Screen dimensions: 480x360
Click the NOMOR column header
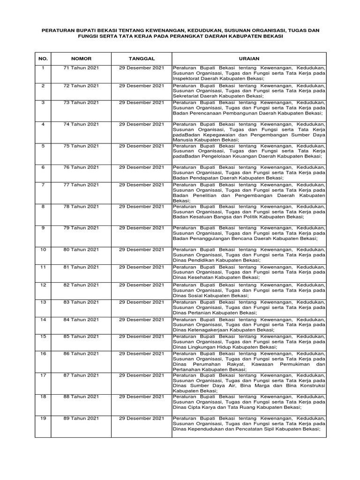[81, 59]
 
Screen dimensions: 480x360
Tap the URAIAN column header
[248, 59]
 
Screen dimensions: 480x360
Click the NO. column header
[43, 59]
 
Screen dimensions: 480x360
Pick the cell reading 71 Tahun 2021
[81, 68]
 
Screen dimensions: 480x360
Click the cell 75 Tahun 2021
[81, 146]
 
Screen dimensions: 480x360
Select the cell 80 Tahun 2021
[81, 249]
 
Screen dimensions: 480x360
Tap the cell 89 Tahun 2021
[81, 418]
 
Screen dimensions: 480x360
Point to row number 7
[43, 185]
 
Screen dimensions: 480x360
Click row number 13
[43, 302]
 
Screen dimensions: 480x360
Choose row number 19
[43, 418]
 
